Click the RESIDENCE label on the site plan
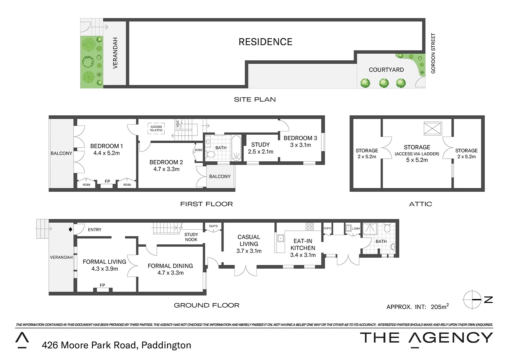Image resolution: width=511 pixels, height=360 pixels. point(265,42)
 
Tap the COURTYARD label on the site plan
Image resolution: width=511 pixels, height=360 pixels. point(386,70)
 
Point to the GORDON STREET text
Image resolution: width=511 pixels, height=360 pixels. point(433,53)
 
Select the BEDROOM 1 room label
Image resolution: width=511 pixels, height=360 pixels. point(106,146)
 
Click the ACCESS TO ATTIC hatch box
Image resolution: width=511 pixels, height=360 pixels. point(156,128)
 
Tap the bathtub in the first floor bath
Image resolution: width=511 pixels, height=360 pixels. point(236,148)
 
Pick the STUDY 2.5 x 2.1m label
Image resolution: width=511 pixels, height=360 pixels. point(261,148)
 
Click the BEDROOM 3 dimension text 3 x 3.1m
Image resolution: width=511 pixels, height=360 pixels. point(300,145)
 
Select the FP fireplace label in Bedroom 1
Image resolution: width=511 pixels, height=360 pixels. point(107,181)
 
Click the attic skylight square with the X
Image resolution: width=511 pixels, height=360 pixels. point(433,128)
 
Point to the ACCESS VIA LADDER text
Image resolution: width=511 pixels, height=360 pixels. point(417,154)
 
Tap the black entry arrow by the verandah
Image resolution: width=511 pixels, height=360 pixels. point(70,229)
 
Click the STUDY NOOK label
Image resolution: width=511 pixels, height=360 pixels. point(191,237)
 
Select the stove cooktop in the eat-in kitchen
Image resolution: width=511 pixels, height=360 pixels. point(310,227)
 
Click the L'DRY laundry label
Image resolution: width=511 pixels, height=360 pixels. point(356,229)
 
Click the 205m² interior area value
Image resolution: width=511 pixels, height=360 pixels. point(439,307)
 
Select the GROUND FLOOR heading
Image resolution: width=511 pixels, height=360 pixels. point(206,305)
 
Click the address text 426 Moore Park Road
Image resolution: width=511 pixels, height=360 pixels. point(89,345)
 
